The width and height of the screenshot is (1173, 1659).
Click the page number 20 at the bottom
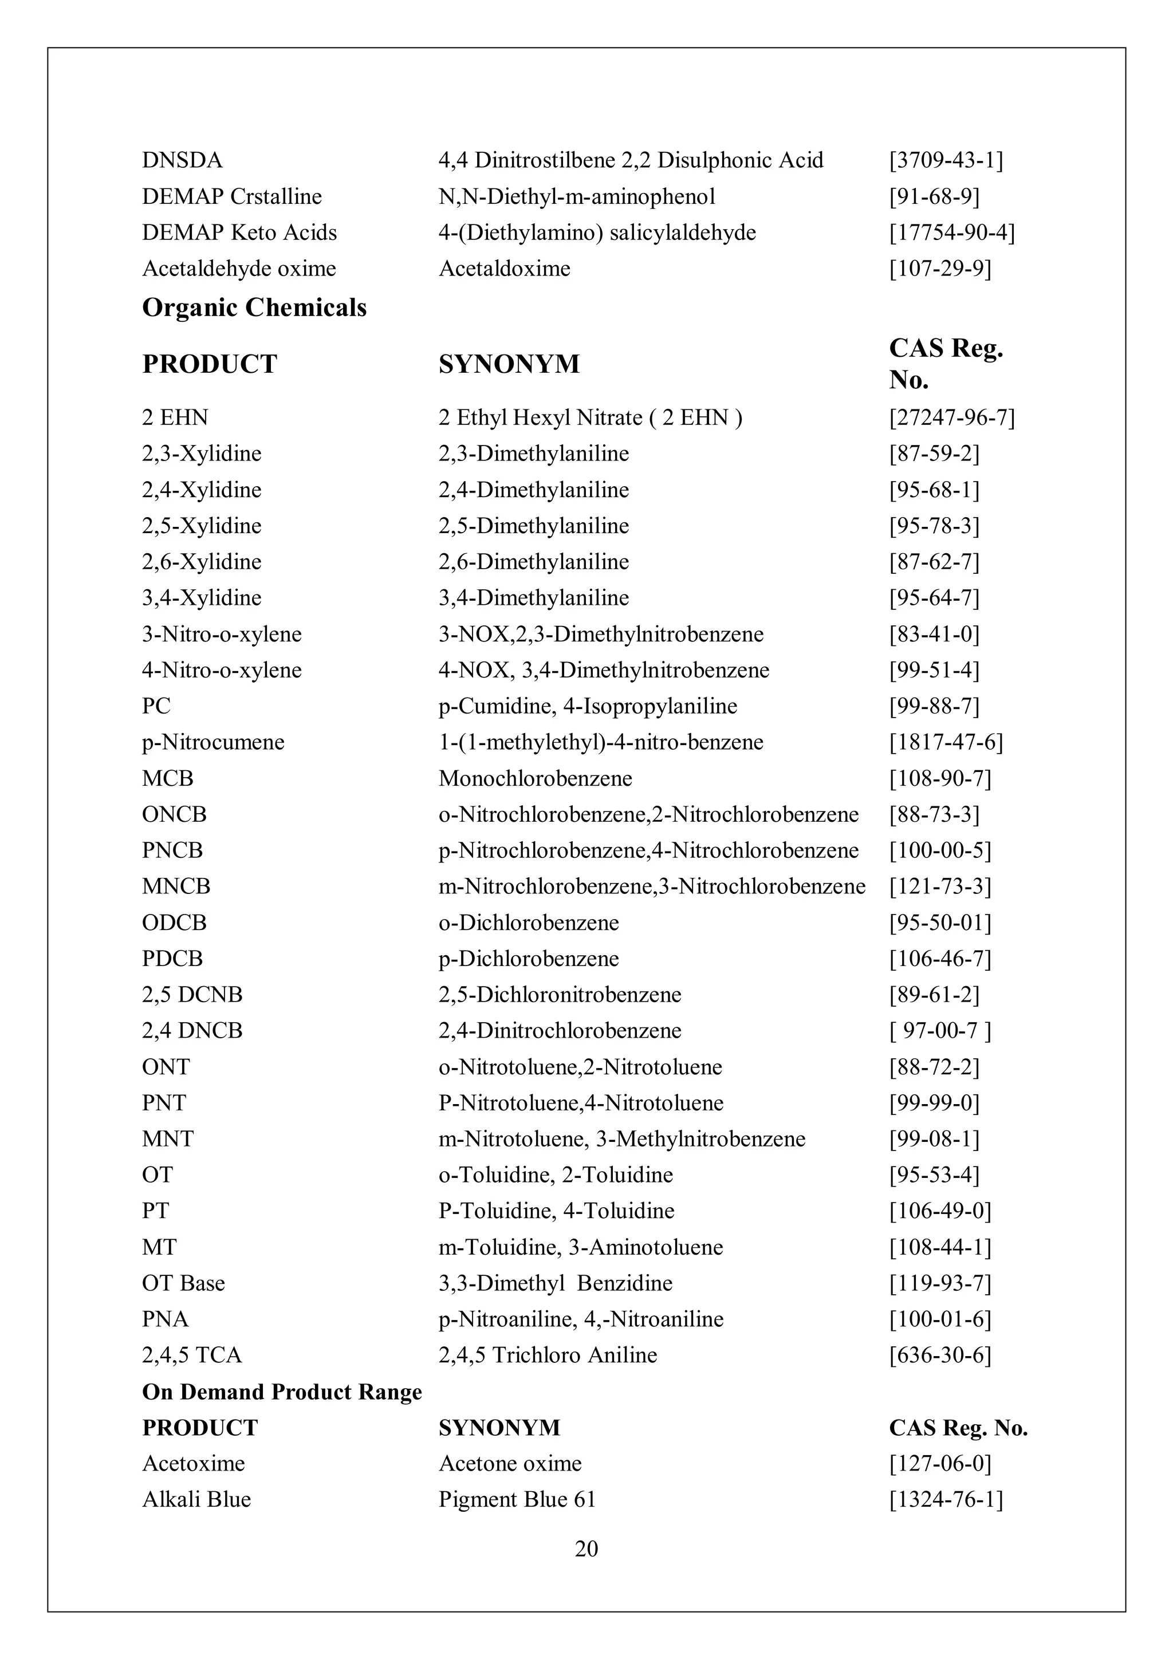pyautogui.click(x=586, y=1548)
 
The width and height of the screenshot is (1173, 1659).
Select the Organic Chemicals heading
pyautogui.click(x=254, y=308)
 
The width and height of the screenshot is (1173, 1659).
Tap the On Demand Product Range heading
pyautogui.click(x=282, y=1392)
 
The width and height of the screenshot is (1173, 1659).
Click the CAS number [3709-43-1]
pyautogui.click(x=946, y=160)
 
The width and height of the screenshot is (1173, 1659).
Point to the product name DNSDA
pyautogui.click(x=182, y=160)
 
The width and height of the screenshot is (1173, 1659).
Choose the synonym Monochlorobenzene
pyautogui.click(x=535, y=778)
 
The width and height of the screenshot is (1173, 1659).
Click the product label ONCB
pyautogui.click(x=174, y=814)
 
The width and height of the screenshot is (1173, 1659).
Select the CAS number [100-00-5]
pyautogui.click(x=939, y=850)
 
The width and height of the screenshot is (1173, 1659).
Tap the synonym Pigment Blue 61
pyautogui.click(x=517, y=1499)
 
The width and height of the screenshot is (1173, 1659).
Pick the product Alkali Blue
pyautogui.click(x=196, y=1499)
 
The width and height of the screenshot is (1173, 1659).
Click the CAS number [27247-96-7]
pyautogui.click(x=952, y=417)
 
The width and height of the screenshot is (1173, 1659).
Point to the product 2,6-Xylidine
pyautogui.click(x=202, y=561)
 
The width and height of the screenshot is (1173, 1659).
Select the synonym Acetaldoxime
pyautogui.click(x=505, y=269)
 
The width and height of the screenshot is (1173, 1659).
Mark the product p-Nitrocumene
pyautogui.click(x=213, y=742)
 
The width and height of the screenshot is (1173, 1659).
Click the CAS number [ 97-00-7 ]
pyautogui.click(x=939, y=1030)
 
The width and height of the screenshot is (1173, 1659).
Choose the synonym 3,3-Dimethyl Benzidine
pyautogui.click(x=555, y=1283)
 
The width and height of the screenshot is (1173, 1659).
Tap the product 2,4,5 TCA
pyautogui.click(x=191, y=1355)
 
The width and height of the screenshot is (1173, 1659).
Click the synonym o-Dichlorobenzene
pyautogui.click(x=528, y=923)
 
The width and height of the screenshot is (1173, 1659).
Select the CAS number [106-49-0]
pyautogui.click(x=939, y=1211)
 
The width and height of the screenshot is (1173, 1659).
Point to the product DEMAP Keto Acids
pyautogui.click(x=239, y=233)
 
